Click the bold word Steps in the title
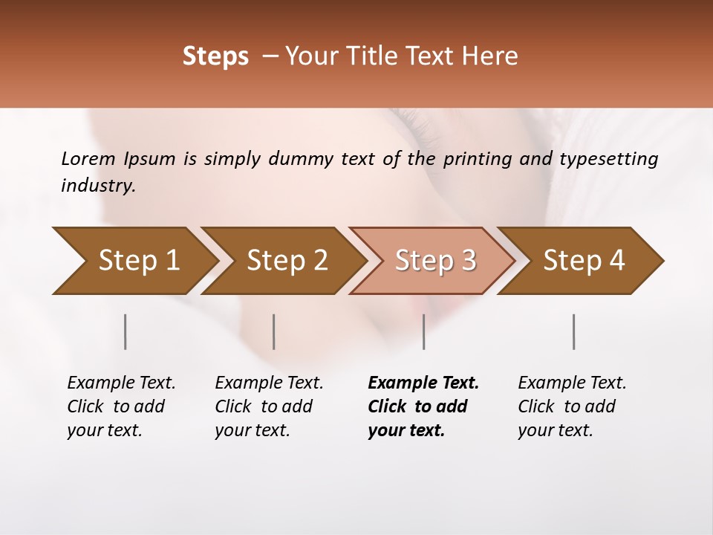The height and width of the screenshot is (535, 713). [x=215, y=56]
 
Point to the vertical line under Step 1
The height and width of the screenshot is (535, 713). [x=126, y=331]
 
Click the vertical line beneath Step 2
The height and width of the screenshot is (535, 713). [x=274, y=331]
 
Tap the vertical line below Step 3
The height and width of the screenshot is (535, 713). [x=423, y=331]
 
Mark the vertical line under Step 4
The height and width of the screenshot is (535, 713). [x=574, y=331]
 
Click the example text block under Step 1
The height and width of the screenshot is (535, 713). [x=121, y=406]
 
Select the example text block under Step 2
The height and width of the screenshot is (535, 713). [x=269, y=406]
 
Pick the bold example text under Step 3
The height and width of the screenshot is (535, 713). [x=423, y=406]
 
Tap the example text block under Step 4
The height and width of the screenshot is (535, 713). [x=572, y=406]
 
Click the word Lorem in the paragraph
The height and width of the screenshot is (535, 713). [x=88, y=158]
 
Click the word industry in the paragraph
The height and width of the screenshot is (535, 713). [x=98, y=186]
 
